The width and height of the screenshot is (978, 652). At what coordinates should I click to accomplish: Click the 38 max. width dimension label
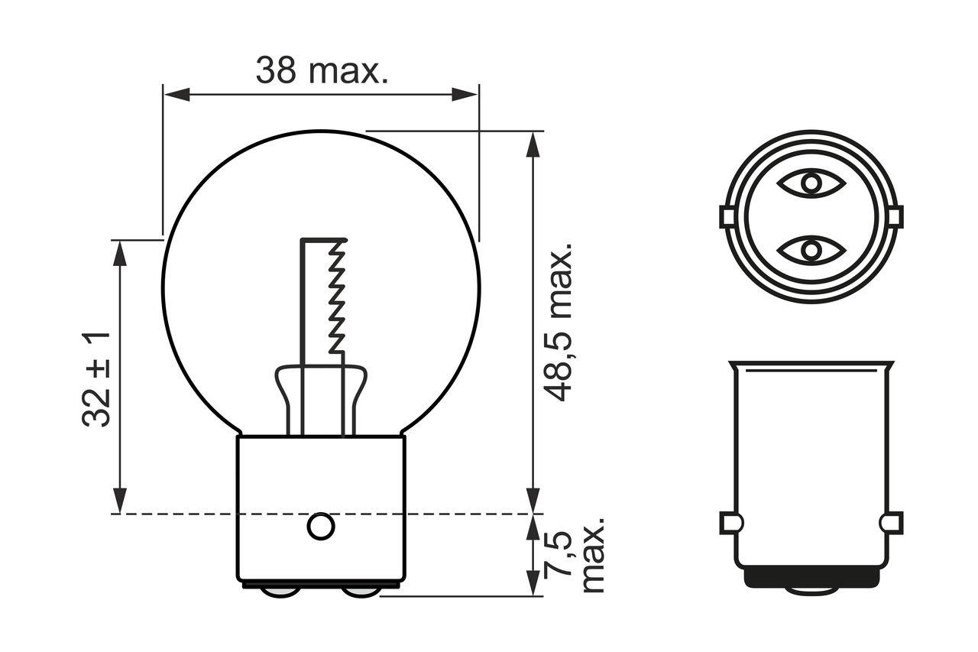(322, 71)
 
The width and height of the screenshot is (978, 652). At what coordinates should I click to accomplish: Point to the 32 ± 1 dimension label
(97, 378)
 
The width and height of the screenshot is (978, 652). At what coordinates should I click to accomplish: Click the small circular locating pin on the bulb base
(320, 526)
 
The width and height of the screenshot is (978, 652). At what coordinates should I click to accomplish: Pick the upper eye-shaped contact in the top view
(811, 183)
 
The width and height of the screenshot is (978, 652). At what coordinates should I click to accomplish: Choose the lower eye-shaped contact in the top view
(811, 250)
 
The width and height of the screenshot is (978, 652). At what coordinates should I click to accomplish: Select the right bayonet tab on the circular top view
(893, 217)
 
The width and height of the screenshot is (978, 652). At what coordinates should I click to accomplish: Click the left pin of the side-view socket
(731, 524)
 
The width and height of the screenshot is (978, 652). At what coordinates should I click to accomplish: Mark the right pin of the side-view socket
(891, 524)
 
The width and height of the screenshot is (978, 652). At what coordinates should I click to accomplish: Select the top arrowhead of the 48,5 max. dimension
(533, 144)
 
